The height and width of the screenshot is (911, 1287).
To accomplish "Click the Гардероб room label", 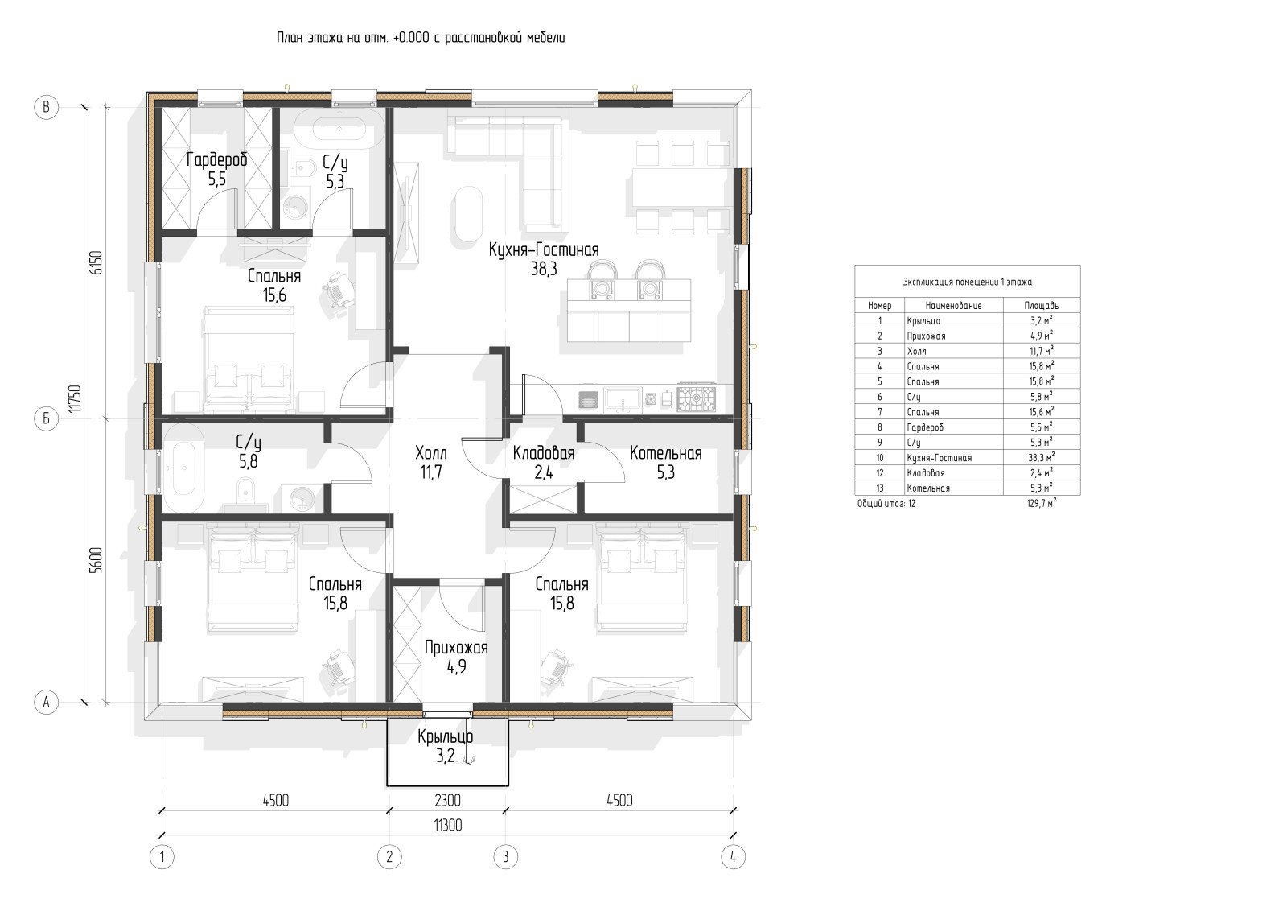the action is pos(216,160).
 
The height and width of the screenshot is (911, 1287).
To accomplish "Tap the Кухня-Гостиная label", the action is pos(544,250).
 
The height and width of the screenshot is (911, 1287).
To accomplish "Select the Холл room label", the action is pos(431,453).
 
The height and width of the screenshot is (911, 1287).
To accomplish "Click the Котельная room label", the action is pos(665,453).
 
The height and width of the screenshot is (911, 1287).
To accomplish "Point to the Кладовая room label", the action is pos(544,453).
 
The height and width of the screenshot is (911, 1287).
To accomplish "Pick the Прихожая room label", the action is pos(456,648).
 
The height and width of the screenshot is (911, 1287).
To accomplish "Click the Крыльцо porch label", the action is pos(446,736).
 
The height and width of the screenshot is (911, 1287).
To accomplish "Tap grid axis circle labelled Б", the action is pos(47,418).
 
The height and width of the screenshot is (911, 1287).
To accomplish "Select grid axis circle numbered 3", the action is pos(506,857).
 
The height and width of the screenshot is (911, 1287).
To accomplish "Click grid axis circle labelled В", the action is pos(47,108).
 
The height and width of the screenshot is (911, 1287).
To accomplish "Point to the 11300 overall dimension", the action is pos(447,826).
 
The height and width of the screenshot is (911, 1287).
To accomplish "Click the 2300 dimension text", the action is pos(447,800).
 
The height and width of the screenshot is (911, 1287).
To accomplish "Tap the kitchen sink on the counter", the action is pos(623,399).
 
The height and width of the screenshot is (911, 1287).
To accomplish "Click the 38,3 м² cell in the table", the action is pos(1041,457).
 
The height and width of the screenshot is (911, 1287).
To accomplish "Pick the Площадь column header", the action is pos(1041,306).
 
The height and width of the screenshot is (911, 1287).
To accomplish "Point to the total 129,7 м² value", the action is pos(1041,504).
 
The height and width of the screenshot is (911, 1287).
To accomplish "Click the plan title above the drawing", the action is pos(421,38).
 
